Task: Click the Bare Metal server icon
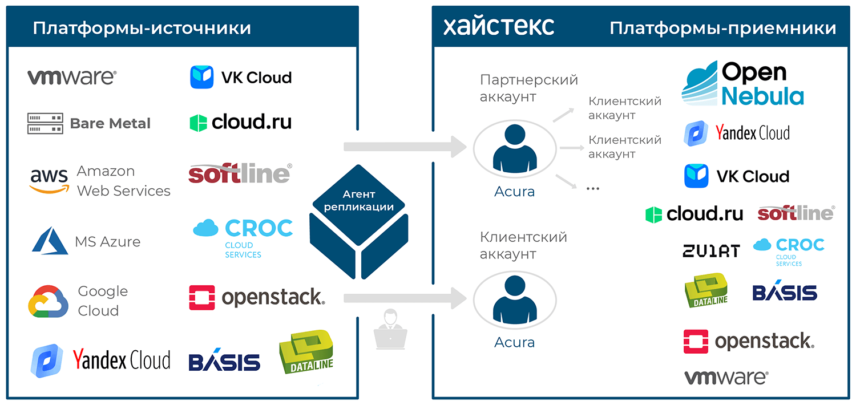pyautogui.click(x=45, y=123)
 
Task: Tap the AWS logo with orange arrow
pyautogui.click(x=49, y=181)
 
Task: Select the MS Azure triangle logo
pyautogui.click(x=50, y=241)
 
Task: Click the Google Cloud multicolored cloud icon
pyautogui.click(x=48, y=301)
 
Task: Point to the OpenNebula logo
pyautogui.click(x=742, y=83)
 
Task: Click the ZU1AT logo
pyautogui.click(x=711, y=251)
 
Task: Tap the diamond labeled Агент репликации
pyautogui.click(x=358, y=205)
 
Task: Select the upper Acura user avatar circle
pyautogui.click(x=515, y=149)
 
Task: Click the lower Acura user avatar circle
pyautogui.click(x=515, y=300)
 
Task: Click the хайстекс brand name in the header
pyautogui.click(x=498, y=26)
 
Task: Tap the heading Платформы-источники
pyautogui.click(x=142, y=29)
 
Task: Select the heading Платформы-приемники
pyautogui.click(x=722, y=29)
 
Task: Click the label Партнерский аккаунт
pyautogui.click(x=528, y=88)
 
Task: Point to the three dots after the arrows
pyautogui.click(x=593, y=189)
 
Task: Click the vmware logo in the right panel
pyautogui.click(x=726, y=378)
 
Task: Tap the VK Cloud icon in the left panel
pyautogui.click(x=202, y=77)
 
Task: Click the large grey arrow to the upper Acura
pyautogui.click(x=405, y=147)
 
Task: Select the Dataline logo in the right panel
pyautogui.click(x=706, y=290)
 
